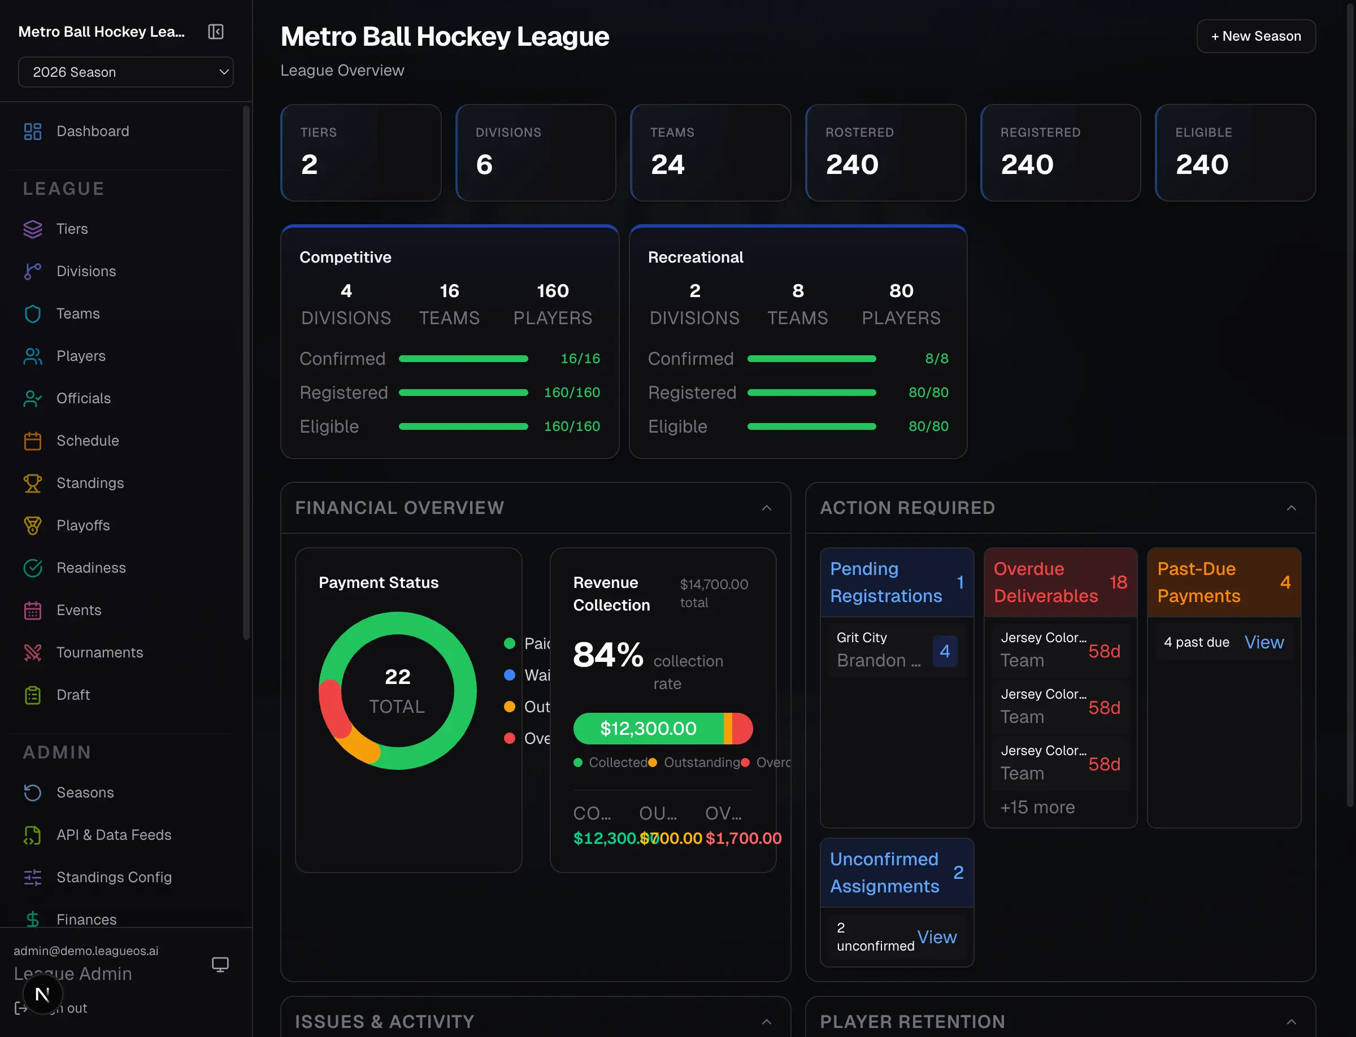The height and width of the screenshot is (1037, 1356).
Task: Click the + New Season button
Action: [1255, 36]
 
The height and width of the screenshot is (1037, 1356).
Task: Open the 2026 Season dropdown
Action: [126, 72]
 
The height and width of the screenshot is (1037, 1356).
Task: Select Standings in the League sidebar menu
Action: [90, 483]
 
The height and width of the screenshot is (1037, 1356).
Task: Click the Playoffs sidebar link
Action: [82, 525]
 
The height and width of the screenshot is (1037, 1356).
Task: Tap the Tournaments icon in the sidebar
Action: [33, 652]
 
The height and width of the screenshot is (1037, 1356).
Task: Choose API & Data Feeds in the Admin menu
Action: [114, 835]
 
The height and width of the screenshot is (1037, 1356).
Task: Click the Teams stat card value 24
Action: [667, 165]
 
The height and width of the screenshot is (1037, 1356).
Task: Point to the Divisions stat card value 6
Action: [484, 165]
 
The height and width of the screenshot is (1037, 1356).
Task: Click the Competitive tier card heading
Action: [345, 257]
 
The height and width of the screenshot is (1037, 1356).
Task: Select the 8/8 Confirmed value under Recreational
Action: [936, 359]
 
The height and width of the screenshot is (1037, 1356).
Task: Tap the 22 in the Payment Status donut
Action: [397, 677]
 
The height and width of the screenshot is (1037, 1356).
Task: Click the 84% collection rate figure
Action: [607, 655]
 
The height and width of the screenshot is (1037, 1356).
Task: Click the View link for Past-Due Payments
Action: [1263, 643]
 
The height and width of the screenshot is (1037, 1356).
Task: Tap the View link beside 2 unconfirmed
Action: [936, 937]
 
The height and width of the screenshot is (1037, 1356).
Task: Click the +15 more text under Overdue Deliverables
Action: [1037, 807]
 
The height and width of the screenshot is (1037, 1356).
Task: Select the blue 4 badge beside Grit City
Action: [944, 651]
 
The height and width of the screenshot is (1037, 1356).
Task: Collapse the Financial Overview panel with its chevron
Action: [766, 508]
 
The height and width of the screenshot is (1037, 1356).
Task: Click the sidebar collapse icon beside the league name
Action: [215, 32]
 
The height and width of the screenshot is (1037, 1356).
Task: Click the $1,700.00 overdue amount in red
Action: [744, 838]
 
